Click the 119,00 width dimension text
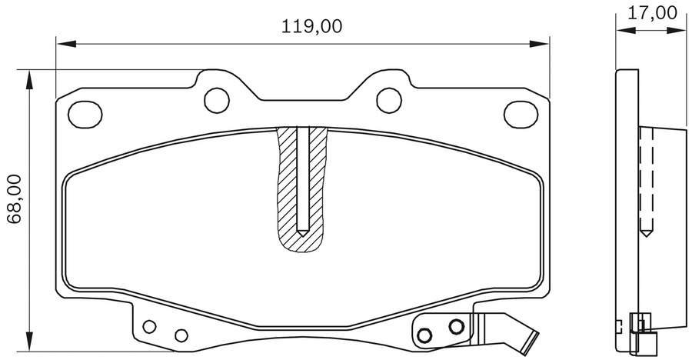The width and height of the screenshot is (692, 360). tap(311, 26)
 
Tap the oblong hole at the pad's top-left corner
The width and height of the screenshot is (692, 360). tap(85, 114)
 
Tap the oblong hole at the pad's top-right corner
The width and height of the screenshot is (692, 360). tap(521, 114)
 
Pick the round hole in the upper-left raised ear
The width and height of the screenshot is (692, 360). tap(216, 98)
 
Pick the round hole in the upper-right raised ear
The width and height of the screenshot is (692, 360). tap(389, 98)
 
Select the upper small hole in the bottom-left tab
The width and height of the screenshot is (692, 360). tap(150, 325)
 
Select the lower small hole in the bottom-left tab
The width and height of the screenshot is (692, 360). tap(181, 335)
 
